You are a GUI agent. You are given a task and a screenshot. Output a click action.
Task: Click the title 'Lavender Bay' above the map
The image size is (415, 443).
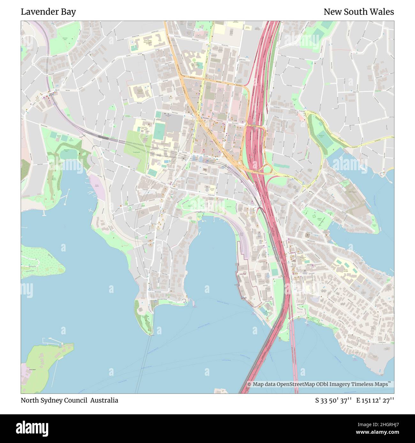coord(48,12)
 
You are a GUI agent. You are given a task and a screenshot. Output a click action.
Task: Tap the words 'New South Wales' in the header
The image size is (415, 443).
coord(358,12)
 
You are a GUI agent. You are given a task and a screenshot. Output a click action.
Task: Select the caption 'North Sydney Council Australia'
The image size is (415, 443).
coord(69,400)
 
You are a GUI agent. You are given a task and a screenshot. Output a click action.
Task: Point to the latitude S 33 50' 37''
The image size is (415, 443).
coord(333,400)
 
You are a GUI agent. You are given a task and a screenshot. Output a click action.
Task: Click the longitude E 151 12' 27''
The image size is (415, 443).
coord(375,400)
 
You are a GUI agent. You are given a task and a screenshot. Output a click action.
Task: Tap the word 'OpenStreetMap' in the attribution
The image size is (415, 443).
coord(293,384)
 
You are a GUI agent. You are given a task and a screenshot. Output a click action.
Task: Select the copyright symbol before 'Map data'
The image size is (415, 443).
coord(249,384)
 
